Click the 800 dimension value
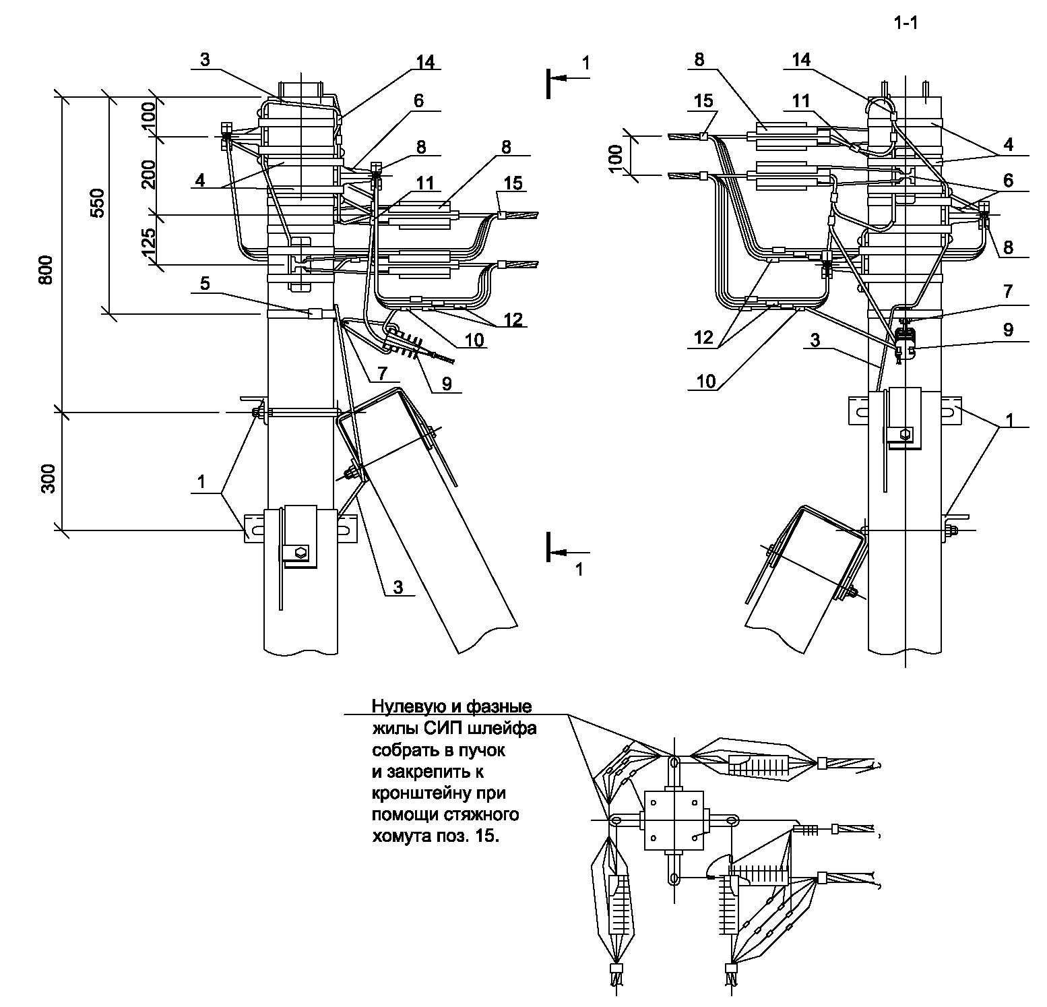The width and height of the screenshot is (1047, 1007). tap(45, 270)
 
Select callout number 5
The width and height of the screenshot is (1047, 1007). tap(205, 284)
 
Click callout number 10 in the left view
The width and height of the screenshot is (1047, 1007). tap(474, 340)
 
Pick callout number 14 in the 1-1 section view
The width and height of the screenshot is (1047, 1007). tap(801, 60)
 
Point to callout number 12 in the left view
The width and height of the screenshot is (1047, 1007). tap(513, 319)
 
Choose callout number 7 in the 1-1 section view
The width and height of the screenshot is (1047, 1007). tap(1008, 291)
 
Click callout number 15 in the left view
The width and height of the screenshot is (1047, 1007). tap(513, 183)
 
